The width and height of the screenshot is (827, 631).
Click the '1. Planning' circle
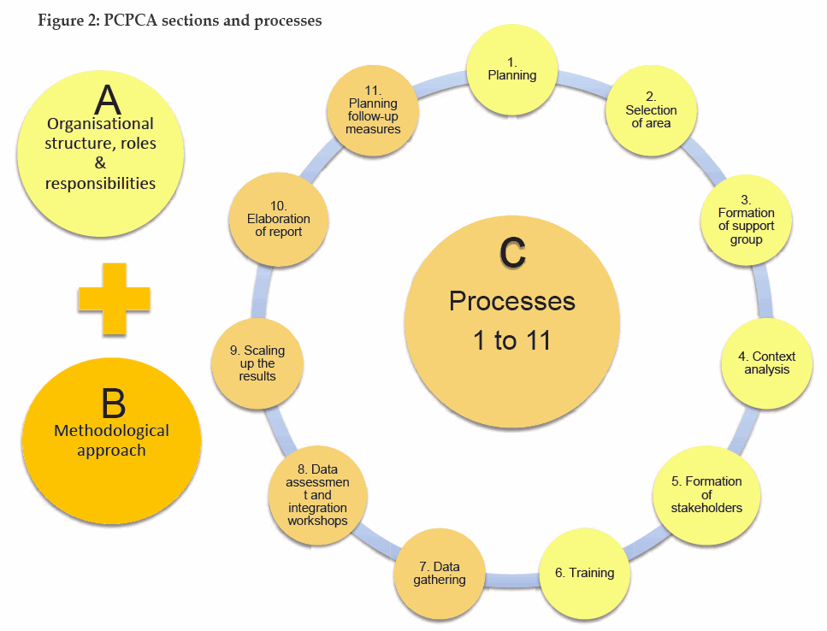512,69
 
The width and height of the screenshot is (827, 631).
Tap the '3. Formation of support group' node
746,225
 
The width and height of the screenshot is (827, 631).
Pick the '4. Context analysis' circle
766,363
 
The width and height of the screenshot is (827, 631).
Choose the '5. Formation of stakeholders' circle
707,494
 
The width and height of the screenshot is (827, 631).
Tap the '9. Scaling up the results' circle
257,363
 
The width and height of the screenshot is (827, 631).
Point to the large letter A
107,101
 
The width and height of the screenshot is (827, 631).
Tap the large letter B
112,402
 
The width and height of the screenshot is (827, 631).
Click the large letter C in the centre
512,253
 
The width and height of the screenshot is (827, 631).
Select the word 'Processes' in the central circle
512,301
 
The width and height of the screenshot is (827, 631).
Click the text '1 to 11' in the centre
512,341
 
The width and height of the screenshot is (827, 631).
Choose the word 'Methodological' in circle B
112,430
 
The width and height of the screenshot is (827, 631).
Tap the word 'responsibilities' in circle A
101,182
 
